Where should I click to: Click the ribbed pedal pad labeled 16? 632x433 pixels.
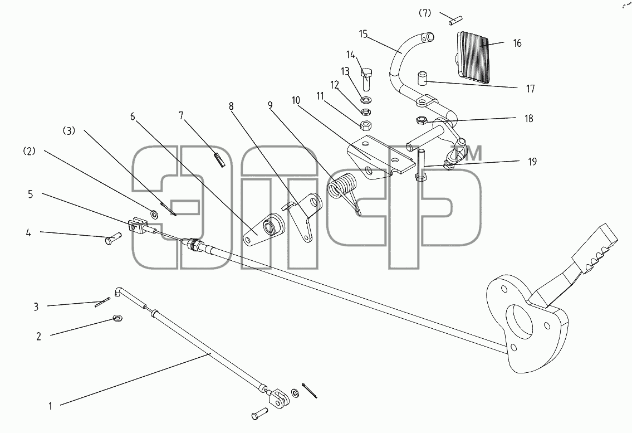(472, 56)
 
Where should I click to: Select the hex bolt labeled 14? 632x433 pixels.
(366, 80)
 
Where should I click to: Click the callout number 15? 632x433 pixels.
(363, 34)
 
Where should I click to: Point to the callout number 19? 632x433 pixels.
(532, 162)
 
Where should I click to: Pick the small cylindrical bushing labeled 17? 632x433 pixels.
(422, 79)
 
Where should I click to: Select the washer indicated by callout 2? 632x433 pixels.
(119, 318)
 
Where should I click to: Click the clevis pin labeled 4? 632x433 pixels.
(112, 238)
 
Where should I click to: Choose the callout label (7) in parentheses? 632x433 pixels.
(424, 13)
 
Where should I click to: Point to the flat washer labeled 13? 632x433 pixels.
(367, 99)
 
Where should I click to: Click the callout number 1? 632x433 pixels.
(50, 406)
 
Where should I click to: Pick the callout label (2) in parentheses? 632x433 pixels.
(30, 152)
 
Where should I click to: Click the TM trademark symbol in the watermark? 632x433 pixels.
(471, 154)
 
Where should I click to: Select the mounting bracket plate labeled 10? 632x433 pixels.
(380, 159)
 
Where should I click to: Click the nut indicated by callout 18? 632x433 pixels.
(420, 119)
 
